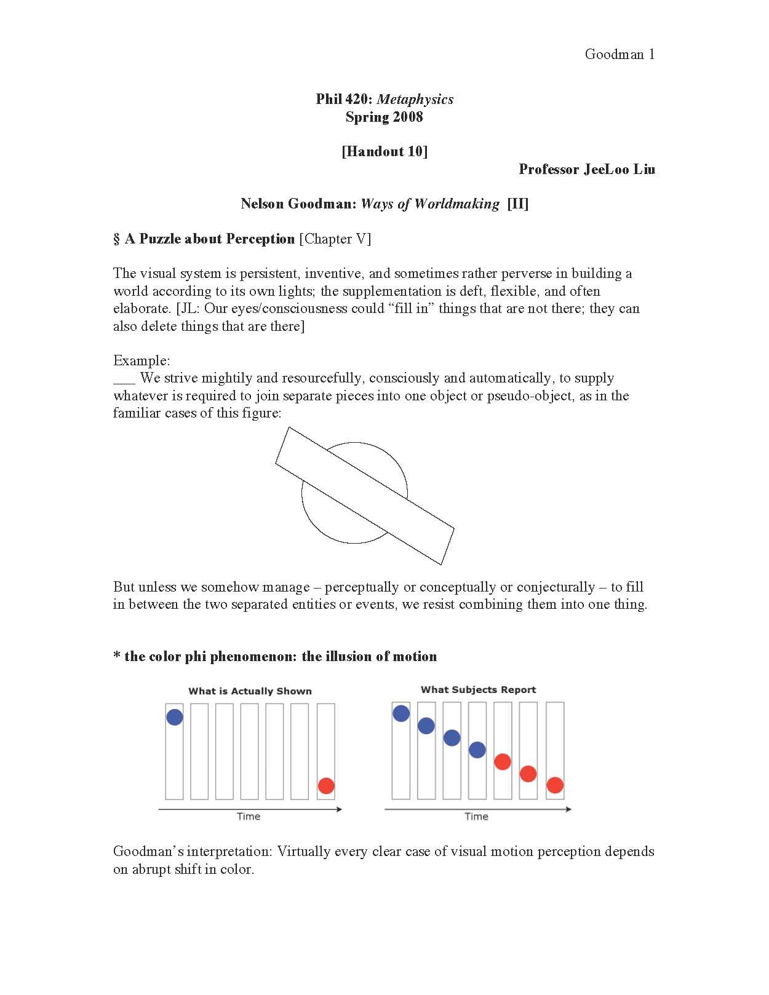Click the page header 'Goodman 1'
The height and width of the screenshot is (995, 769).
coord(620,55)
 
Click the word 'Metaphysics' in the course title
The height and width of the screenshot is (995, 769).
coord(415,100)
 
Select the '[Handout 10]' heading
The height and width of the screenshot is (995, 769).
coord(384,152)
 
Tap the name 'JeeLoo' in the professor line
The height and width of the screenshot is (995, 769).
coord(606,170)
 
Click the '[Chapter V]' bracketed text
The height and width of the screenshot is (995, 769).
coord(335,239)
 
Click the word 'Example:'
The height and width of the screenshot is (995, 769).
coord(141,361)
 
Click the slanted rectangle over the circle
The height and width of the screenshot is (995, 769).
coord(364,496)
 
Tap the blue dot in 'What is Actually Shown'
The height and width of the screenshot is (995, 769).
coord(175,717)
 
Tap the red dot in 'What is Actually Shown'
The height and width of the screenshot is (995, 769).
coord(326,785)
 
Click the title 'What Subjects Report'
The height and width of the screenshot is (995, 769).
coord(478,690)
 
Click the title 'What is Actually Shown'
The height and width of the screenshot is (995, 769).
coord(250,691)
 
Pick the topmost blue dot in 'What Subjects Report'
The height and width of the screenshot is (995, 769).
coord(401,713)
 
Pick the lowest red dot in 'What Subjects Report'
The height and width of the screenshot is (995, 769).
coord(555,785)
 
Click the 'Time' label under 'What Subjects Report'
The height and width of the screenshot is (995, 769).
coord(476,817)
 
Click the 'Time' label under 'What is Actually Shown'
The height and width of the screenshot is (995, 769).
coord(249,817)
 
